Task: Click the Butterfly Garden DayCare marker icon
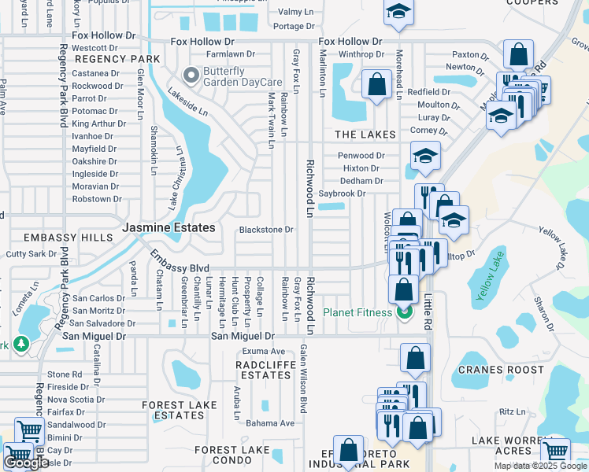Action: pos(190,76)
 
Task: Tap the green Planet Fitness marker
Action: pos(405,312)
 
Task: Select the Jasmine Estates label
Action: pos(169,227)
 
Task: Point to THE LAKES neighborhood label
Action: pos(365,135)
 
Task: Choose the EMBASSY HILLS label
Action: pos(57,238)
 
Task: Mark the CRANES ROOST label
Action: pos(502,370)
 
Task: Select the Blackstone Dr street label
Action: pos(266,230)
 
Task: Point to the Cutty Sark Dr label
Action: pos(32,254)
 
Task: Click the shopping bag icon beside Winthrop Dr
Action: pos(376,83)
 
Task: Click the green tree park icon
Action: pos(20,345)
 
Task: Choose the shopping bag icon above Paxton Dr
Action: pos(519,55)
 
